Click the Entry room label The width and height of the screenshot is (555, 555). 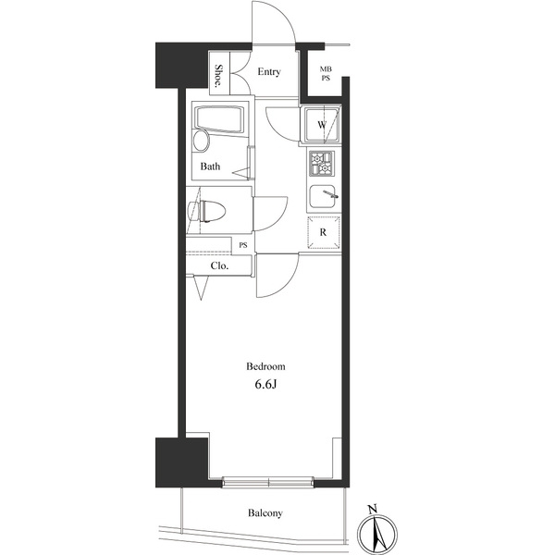click(x=269, y=72)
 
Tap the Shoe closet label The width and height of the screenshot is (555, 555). click(x=219, y=74)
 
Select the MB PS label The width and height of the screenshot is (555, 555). click(x=326, y=73)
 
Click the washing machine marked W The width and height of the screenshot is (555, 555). click(x=321, y=124)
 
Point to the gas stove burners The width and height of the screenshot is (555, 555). click(x=320, y=163)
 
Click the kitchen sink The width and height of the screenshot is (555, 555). click(x=323, y=196)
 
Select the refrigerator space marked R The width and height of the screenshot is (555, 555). click(x=323, y=231)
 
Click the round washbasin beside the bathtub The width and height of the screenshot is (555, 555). click(x=201, y=142)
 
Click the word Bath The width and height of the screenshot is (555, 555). click(x=210, y=167)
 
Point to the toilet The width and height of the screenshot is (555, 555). click(x=208, y=211)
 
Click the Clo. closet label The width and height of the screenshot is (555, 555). click(x=219, y=265)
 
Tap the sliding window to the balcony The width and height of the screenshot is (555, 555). click(x=268, y=481)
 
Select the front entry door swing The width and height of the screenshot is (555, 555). click(x=275, y=23)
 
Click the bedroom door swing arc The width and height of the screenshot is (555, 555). click(x=277, y=277)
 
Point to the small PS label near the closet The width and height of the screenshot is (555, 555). click(x=243, y=245)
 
